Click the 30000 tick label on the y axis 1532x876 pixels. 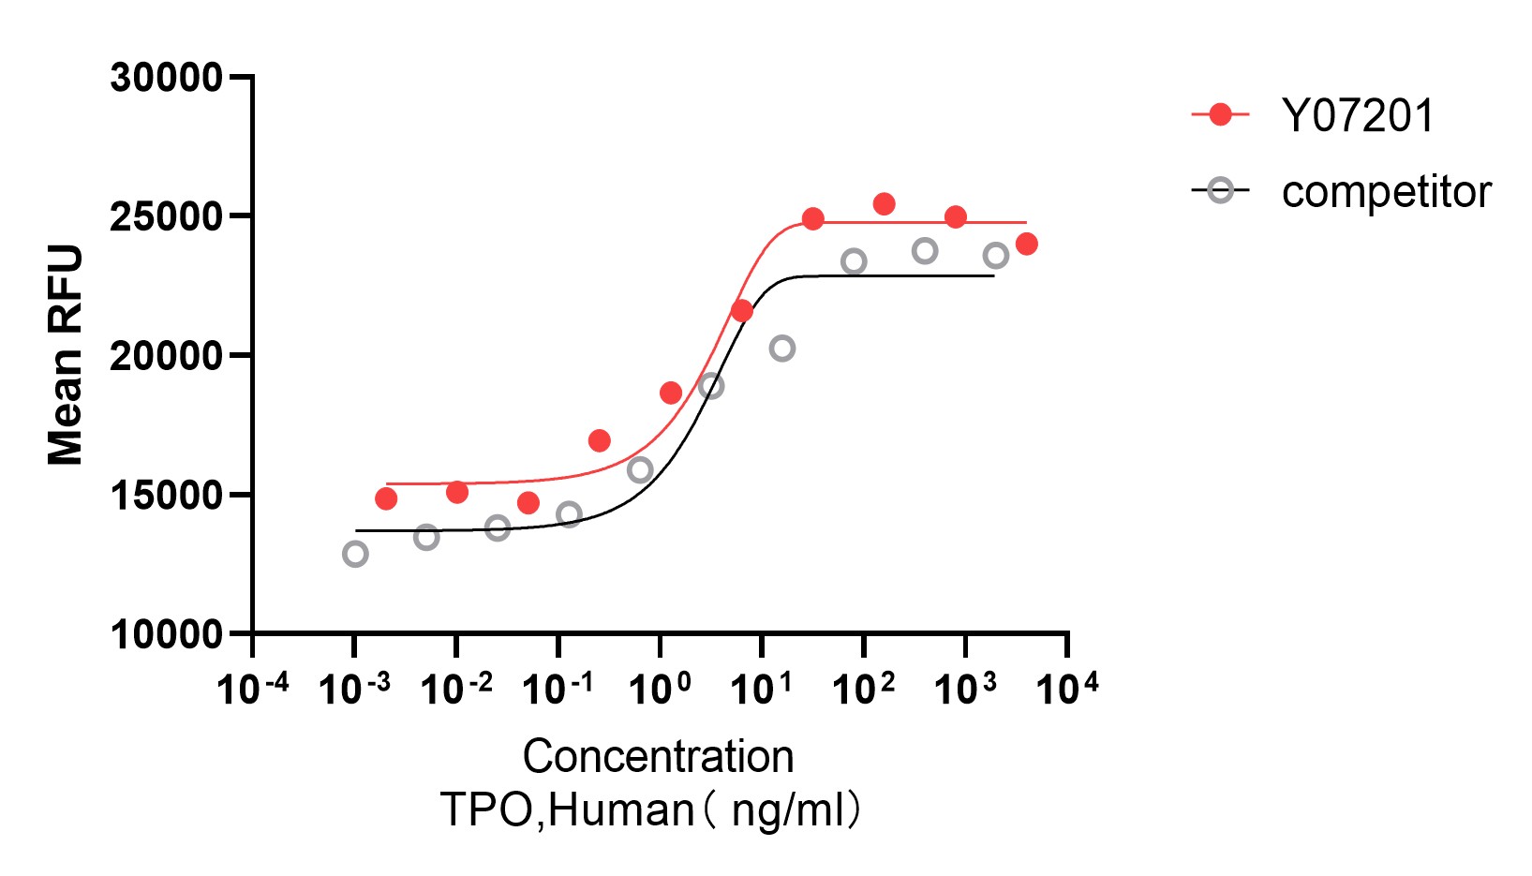pyautogui.click(x=166, y=78)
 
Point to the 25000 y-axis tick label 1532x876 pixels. pyautogui.click(x=166, y=217)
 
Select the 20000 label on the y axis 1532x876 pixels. pyautogui.click(x=166, y=356)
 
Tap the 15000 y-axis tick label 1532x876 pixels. pyautogui.click(x=166, y=496)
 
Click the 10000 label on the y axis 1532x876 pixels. pyautogui.click(x=166, y=635)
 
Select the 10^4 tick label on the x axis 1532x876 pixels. pyautogui.click(x=1066, y=689)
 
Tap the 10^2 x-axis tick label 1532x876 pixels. pyautogui.click(x=863, y=689)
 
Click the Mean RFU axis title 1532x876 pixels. pyautogui.click(x=66, y=355)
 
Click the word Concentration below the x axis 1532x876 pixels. pyautogui.click(x=658, y=756)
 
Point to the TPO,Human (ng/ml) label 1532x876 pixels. pyautogui.click(x=650, y=809)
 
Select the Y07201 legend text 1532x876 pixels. pyautogui.click(x=1358, y=116)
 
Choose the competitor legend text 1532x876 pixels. pyautogui.click(x=1386, y=192)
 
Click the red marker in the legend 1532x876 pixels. pyautogui.click(x=1220, y=115)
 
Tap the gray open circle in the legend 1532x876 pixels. pyautogui.click(x=1220, y=191)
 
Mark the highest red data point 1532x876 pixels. pyautogui.click(x=884, y=203)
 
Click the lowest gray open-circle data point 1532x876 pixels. pyautogui.click(x=355, y=554)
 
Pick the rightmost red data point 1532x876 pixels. pyautogui.click(x=1026, y=244)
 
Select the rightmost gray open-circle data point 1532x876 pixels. pyautogui.click(x=996, y=256)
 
